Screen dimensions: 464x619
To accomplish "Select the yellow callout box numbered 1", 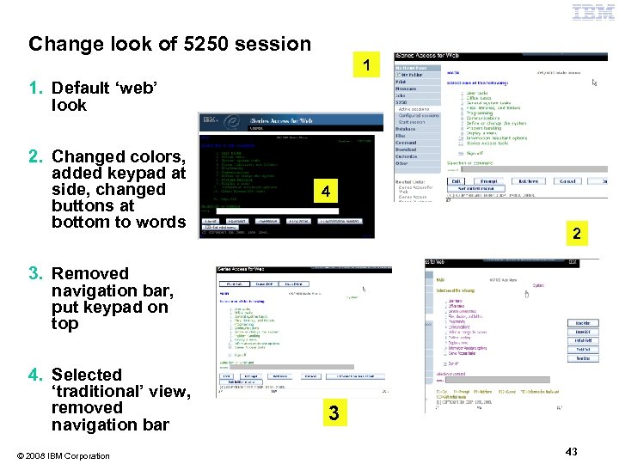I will click(367, 65).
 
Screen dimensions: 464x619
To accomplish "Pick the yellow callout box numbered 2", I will click(577, 233).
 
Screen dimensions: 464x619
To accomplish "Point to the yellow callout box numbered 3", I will click(334, 414).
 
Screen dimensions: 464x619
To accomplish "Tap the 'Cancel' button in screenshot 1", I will click(567, 181).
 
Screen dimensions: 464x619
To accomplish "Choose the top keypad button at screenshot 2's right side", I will click(583, 323).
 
